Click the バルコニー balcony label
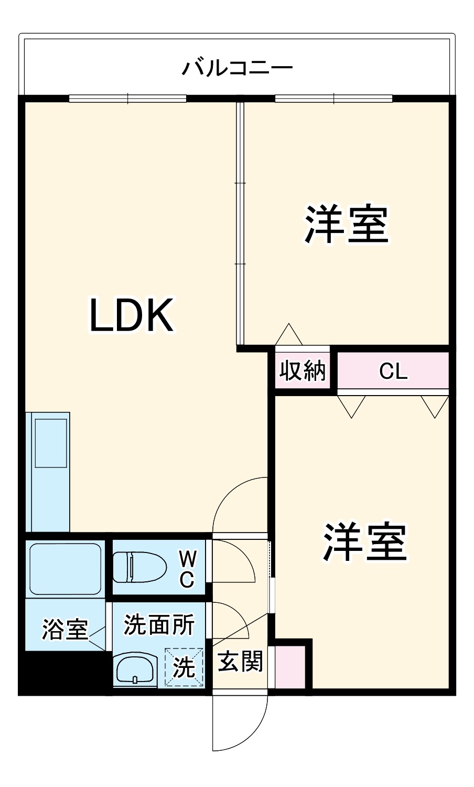click(x=237, y=68)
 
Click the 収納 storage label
click(x=303, y=371)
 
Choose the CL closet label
click(x=393, y=371)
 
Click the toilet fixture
click(x=139, y=567)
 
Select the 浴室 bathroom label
click(x=65, y=629)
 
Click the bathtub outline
click(x=65, y=569)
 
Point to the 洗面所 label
click(x=159, y=624)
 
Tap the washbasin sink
click(x=135, y=669)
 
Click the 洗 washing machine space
click(x=184, y=667)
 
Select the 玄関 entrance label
click(x=240, y=661)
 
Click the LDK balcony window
click(x=127, y=98)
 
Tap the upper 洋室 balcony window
click(x=333, y=98)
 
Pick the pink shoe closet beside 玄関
click(x=290, y=666)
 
